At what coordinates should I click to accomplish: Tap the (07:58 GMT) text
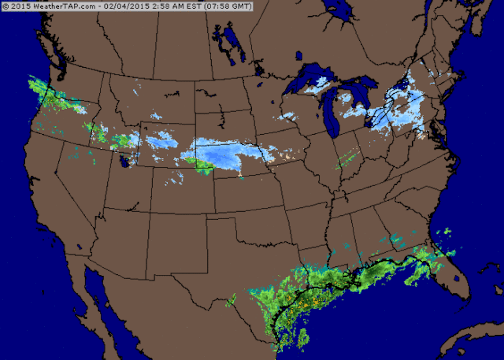(228, 6)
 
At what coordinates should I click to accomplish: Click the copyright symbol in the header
(6, 6)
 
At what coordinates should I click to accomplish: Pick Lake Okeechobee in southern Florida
(456, 278)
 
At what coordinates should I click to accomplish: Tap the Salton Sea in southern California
(79, 247)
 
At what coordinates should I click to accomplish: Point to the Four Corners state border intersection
(150, 212)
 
